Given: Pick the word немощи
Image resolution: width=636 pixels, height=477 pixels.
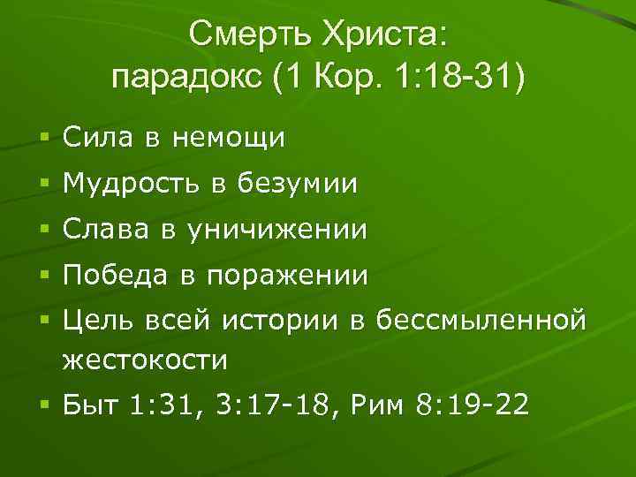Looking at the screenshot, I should click(228, 138).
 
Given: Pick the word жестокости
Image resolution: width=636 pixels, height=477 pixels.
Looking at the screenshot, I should click(145, 360).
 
